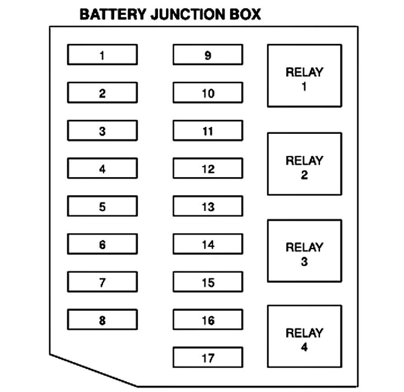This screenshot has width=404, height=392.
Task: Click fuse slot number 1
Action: (102, 55)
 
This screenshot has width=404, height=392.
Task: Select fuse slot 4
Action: (102, 169)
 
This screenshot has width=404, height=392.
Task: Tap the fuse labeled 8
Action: (102, 320)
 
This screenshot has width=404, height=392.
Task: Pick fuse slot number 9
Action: (208, 55)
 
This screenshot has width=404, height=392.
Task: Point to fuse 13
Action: (208, 206)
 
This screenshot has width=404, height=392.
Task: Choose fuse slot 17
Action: (208, 358)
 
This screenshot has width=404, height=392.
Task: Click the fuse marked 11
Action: (208, 131)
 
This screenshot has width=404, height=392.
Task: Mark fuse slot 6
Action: (102, 244)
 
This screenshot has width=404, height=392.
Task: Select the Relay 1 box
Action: (304, 76)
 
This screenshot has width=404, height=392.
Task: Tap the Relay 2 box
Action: (304, 164)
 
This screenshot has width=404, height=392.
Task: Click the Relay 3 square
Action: (304, 251)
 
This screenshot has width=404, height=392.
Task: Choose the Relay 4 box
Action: (304, 337)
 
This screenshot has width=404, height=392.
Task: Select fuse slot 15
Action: (208, 282)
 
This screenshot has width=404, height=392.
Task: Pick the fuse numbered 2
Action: (102, 93)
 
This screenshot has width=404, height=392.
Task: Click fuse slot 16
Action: (208, 320)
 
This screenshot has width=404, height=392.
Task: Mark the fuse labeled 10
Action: (208, 93)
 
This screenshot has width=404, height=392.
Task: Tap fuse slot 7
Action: (102, 282)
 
